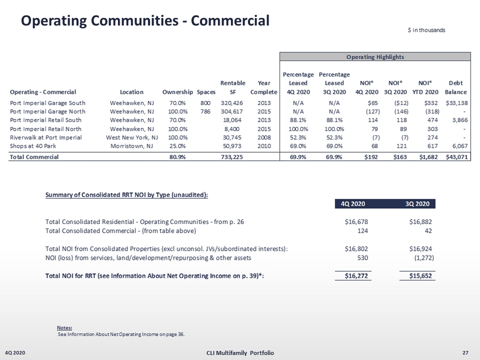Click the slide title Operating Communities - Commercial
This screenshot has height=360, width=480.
click(x=145, y=21)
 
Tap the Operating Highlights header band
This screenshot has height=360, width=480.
click(x=375, y=56)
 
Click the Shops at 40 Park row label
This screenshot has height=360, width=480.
click(x=33, y=146)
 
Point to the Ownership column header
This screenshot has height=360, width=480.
click(x=177, y=92)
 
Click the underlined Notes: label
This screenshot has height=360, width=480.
click(x=64, y=327)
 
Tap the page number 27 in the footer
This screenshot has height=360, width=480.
click(x=465, y=353)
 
